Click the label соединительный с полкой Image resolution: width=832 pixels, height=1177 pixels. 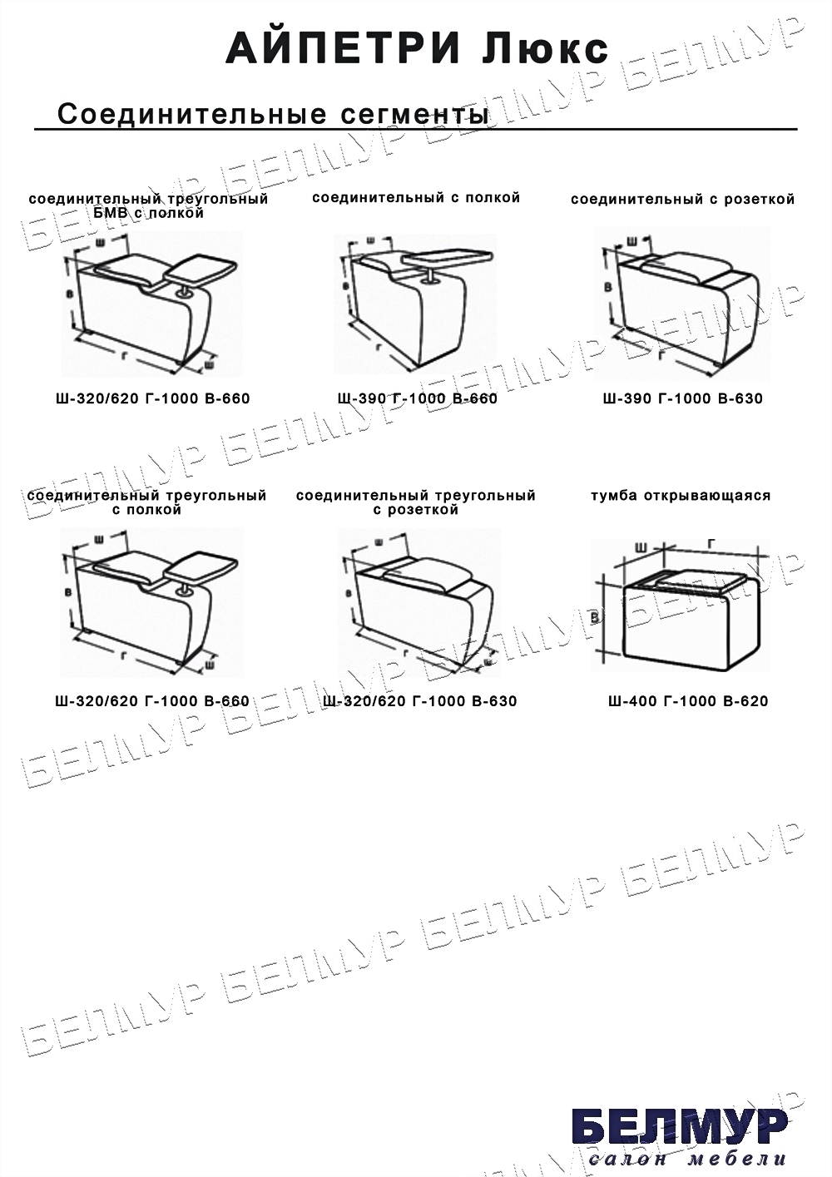(416, 198)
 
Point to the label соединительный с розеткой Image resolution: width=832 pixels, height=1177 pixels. (683, 200)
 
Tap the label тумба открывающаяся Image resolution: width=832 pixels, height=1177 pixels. (681, 496)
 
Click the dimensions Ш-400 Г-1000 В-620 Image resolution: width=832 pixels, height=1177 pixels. (688, 701)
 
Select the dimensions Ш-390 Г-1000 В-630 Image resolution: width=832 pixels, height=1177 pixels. (683, 398)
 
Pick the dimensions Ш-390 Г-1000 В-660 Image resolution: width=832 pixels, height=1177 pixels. (418, 398)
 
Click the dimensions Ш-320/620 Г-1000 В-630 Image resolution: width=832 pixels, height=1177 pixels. (420, 701)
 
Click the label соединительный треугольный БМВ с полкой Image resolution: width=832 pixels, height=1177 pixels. (148, 206)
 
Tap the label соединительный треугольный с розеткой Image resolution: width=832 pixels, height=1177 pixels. (416, 502)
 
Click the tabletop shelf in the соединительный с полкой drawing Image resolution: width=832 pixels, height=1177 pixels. (448, 256)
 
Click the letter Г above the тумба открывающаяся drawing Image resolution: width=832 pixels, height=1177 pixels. (711, 545)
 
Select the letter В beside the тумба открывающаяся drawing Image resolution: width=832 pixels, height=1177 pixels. (595, 617)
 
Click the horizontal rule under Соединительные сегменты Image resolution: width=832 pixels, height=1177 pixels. (416, 129)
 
